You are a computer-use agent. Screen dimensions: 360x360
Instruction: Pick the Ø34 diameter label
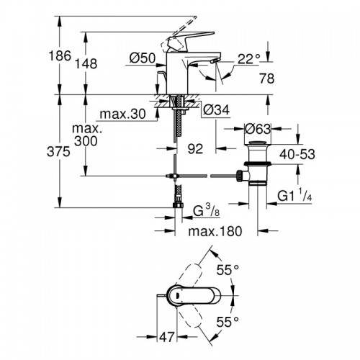(x=211, y=109)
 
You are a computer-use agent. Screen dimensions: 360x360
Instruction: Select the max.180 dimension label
(x=215, y=232)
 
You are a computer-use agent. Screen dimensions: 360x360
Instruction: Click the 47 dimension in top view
(x=166, y=336)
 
